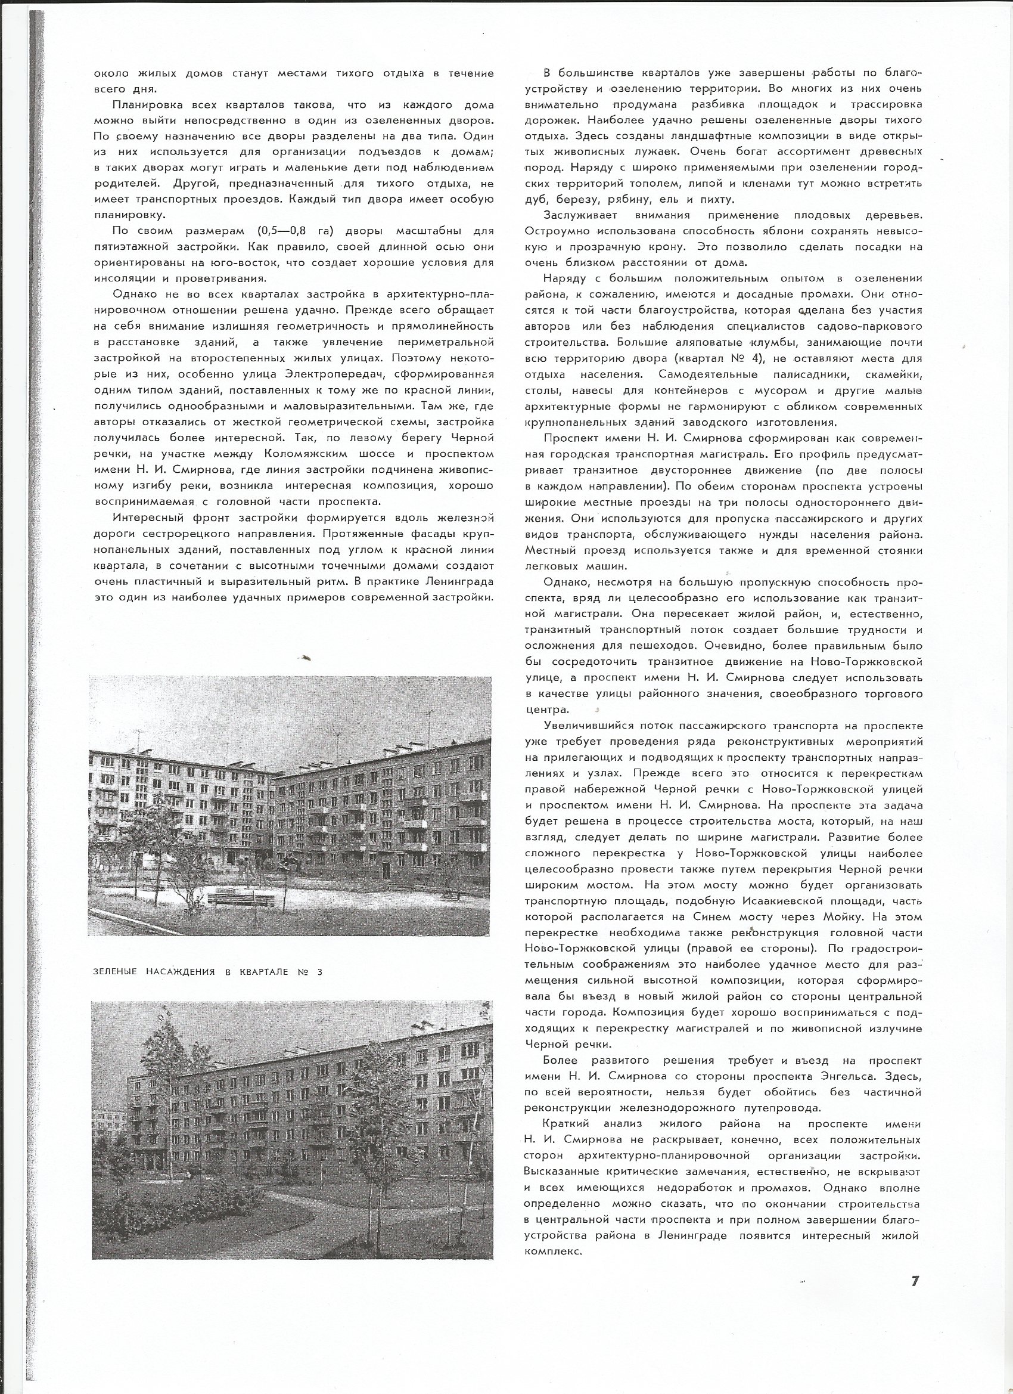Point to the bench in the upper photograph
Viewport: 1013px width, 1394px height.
pos(241,900)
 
